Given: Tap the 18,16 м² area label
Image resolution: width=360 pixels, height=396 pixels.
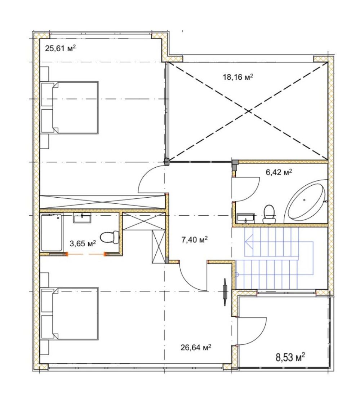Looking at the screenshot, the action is point(238,77).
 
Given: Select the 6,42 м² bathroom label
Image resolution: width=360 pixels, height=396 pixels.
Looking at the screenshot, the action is point(279,172).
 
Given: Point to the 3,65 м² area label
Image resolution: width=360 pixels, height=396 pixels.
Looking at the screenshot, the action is point(83,243).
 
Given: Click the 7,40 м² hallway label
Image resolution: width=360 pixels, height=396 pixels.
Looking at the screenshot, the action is point(195,239).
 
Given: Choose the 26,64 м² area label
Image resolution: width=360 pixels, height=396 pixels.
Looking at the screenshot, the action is point(196,348).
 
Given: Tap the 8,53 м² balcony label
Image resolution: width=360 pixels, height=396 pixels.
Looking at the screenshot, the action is point(290,357).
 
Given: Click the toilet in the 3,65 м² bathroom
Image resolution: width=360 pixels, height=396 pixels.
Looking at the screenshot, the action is point(110,237).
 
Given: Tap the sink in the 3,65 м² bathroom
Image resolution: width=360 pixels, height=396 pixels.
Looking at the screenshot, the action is point(82,218).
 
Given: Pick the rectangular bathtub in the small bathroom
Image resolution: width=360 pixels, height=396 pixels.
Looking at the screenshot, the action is point(52,233).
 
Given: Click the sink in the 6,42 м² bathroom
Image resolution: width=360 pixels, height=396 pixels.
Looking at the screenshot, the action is point(245,218).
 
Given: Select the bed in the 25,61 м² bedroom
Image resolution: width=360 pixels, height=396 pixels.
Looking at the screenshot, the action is point(70,107).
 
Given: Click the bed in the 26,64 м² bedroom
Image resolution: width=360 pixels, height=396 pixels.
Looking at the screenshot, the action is point(70,313).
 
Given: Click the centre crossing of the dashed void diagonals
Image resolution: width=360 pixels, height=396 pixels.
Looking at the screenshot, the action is point(249,111).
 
